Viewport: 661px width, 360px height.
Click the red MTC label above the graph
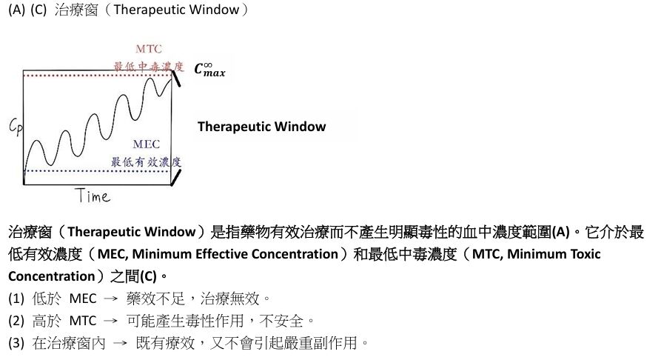(x=149, y=49)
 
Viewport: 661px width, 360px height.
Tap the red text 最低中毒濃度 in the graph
(x=148, y=66)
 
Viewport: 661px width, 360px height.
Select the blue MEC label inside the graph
(x=146, y=144)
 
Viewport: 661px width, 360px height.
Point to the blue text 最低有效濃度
(x=147, y=161)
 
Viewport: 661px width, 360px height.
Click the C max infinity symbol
(x=209, y=70)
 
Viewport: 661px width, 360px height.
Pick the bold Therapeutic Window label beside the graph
(x=261, y=127)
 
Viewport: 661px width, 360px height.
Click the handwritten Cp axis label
(x=16, y=127)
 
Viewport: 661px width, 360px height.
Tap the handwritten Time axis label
(x=93, y=196)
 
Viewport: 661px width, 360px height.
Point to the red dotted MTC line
(x=96, y=76)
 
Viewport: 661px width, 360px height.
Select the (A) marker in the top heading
(x=16, y=11)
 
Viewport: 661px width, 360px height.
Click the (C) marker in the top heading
(x=38, y=11)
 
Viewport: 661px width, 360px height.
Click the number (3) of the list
(x=16, y=343)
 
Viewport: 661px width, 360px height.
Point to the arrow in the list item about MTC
(x=107, y=321)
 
